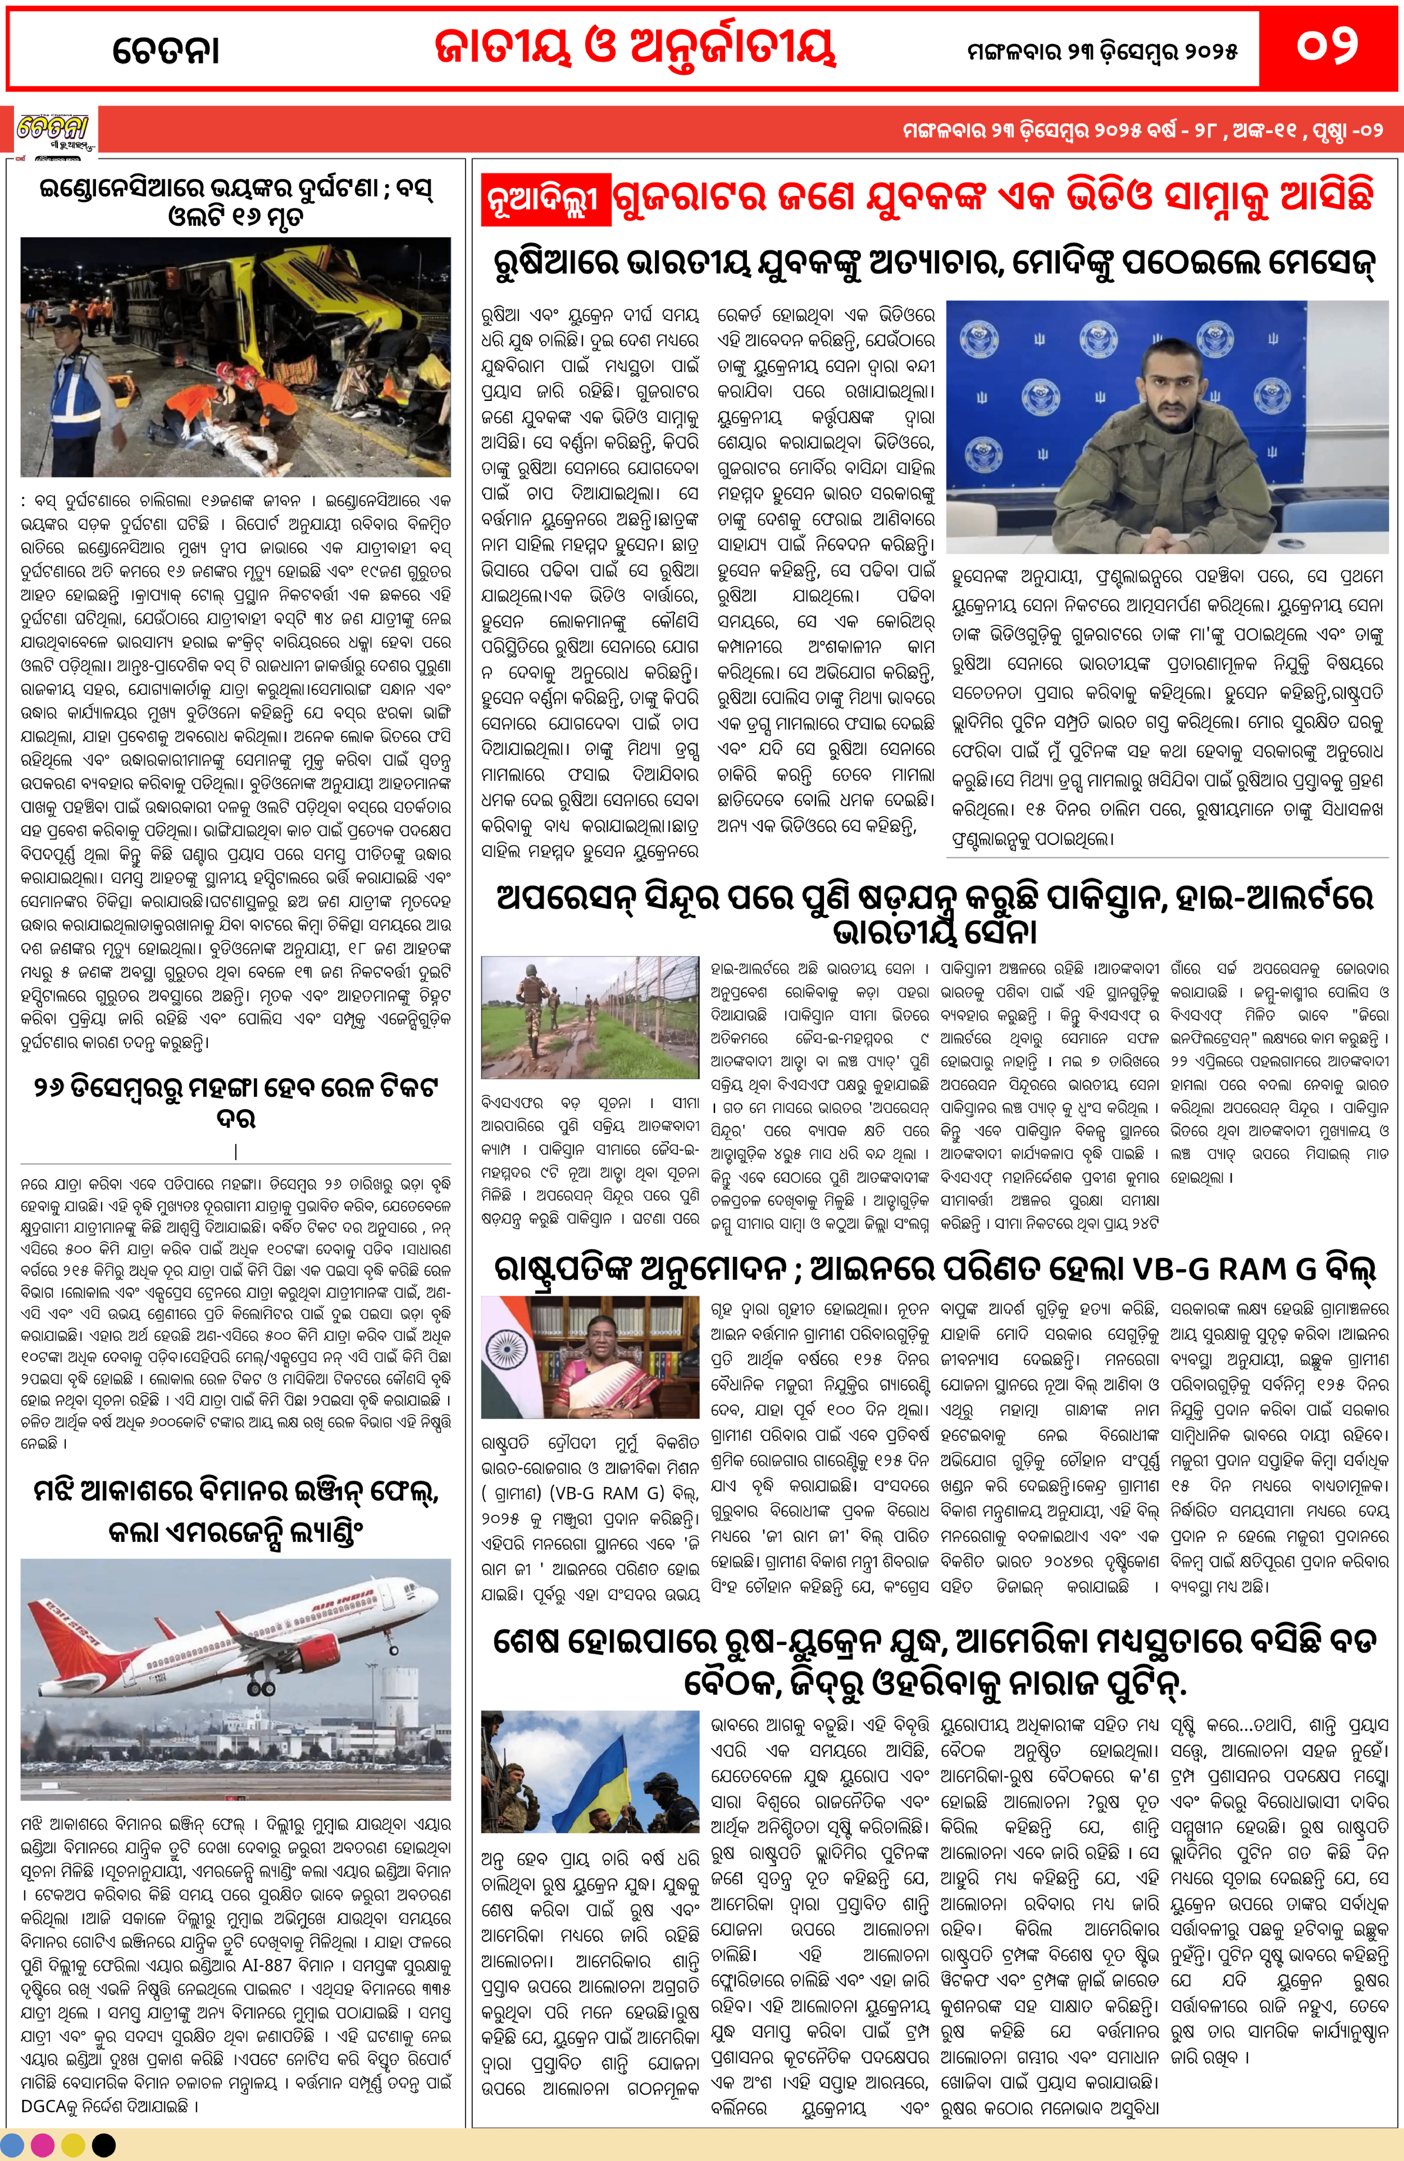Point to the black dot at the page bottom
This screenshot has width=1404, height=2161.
click(104, 2145)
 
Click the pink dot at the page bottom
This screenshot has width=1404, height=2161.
click(43, 2145)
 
